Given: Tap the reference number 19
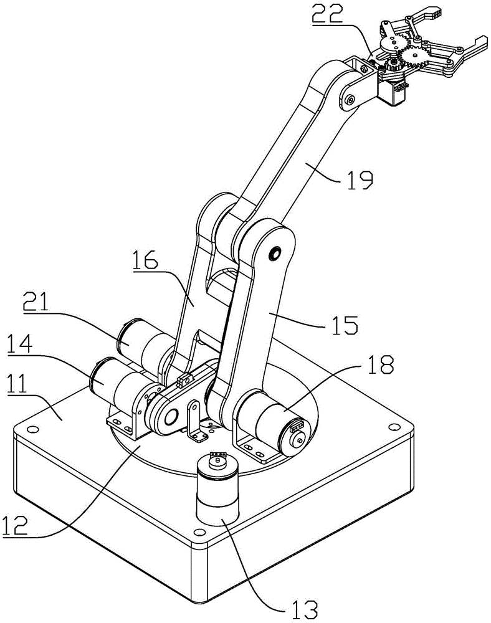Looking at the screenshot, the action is [x=360, y=180].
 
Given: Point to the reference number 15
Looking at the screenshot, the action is [x=345, y=325].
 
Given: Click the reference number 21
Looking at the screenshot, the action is [x=36, y=302].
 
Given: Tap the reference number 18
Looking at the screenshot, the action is [x=379, y=364].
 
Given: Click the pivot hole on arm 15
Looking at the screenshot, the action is [x=275, y=252].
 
